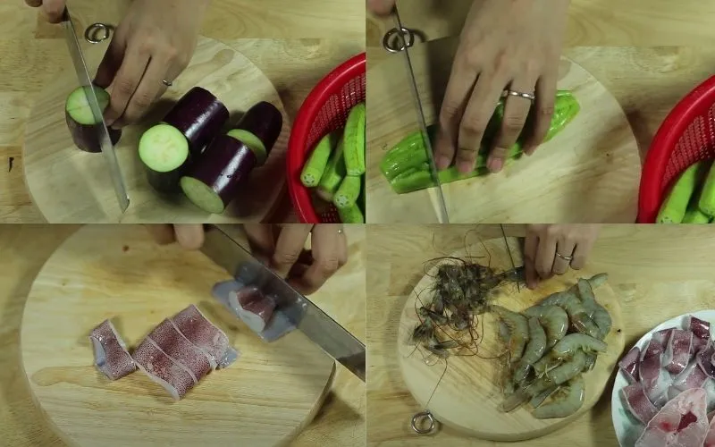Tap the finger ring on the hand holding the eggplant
point(167,82)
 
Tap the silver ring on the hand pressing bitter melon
point(520,94)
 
